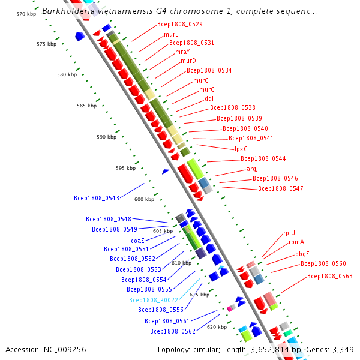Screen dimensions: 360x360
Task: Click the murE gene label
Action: click(171, 34)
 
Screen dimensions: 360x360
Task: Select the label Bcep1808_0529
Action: click(179, 24)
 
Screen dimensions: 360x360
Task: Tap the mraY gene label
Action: click(182, 52)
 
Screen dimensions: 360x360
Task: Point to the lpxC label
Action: click(241, 149)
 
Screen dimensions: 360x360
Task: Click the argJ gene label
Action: click(253, 169)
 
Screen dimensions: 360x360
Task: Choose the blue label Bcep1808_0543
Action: click(96, 197)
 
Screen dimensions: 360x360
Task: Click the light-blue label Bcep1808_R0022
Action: click(153, 300)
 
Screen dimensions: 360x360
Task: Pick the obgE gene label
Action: click(302, 254)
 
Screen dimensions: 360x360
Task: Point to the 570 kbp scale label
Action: click(26, 13)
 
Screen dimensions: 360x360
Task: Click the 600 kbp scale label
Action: click(144, 199)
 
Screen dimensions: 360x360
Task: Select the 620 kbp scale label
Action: click(217, 327)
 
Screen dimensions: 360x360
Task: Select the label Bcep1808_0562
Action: click(173, 331)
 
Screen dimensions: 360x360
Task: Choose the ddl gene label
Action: click(209, 98)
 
